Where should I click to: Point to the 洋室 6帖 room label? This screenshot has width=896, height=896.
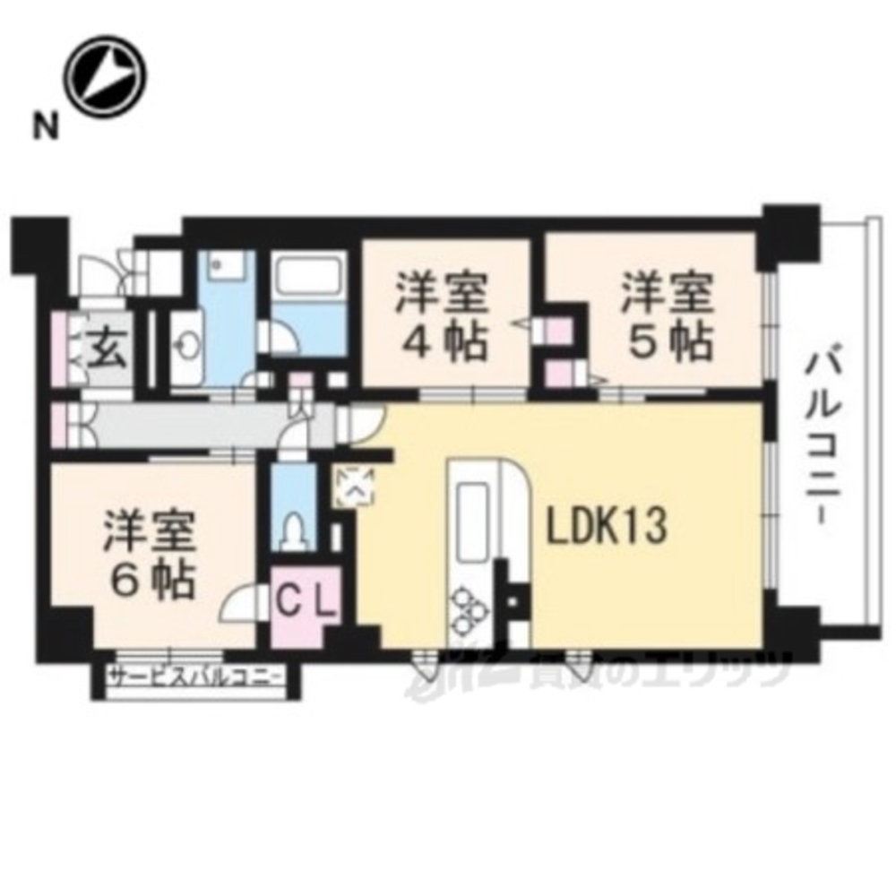pos(150,555)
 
